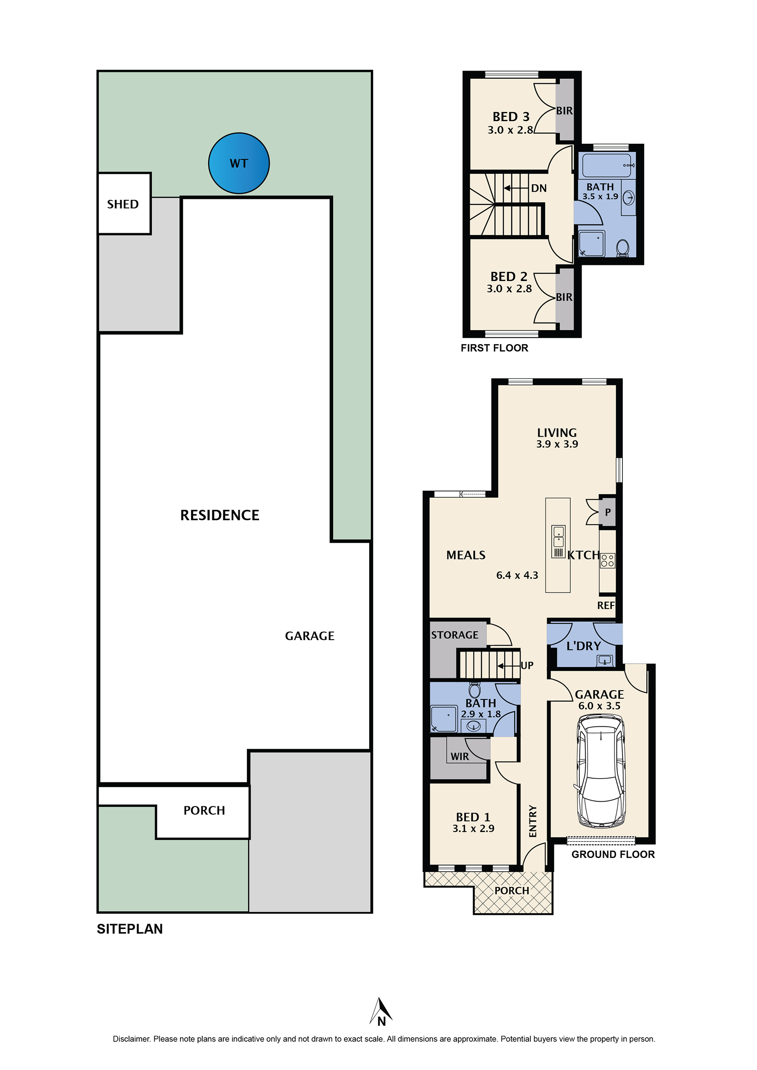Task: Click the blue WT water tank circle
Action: point(238,163)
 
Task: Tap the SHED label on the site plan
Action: point(123,204)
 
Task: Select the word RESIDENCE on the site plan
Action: point(220,515)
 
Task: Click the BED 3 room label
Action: point(511,117)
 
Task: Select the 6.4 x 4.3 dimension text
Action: point(517,575)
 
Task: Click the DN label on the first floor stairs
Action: point(539,188)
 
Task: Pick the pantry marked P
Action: point(607,512)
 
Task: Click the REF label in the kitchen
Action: point(606,606)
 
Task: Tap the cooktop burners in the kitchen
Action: point(607,560)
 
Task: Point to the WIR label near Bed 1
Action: point(460,757)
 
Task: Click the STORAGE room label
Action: point(455,635)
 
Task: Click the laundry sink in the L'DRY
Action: point(605,660)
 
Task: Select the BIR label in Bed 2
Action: point(564,297)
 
